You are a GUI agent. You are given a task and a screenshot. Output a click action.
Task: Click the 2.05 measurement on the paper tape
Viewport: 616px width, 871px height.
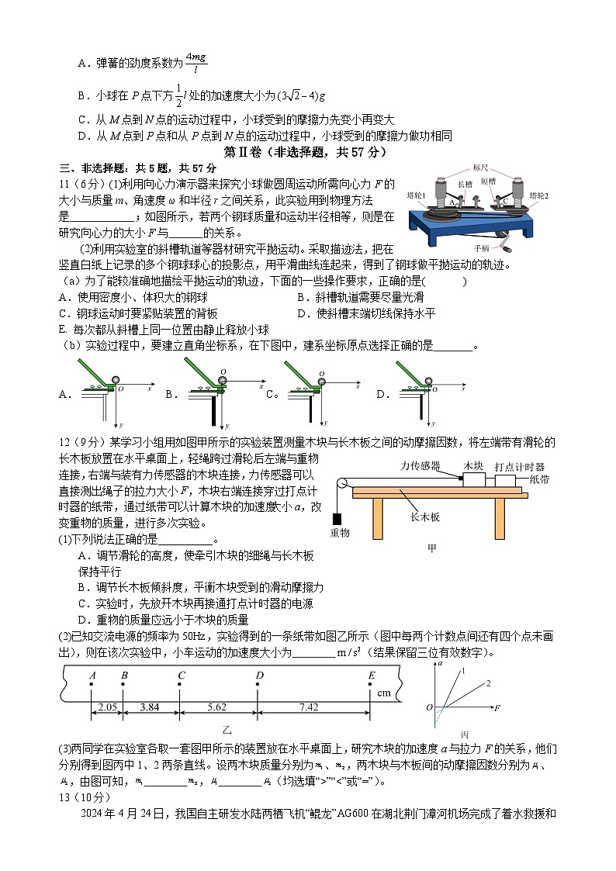(x=107, y=707)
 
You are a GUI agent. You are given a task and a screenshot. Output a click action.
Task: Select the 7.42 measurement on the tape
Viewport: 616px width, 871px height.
(x=314, y=707)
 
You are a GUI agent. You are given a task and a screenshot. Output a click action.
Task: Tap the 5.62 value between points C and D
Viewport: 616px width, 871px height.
(x=219, y=707)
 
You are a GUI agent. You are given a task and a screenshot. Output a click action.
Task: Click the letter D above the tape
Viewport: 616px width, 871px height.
(x=259, y=675)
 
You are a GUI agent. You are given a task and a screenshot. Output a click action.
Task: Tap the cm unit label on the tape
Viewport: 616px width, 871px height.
(x=383, y=693)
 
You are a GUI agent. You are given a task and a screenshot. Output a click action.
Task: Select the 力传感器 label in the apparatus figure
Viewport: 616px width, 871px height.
(x=420, y=466)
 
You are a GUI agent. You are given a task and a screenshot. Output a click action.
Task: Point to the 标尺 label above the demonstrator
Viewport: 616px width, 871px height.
(x=482, y=168)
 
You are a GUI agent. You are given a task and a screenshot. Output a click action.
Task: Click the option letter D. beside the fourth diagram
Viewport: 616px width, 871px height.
(x=382, y=394)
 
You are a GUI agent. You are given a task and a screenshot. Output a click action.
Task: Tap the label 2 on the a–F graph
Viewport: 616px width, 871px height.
(x=489, y=683)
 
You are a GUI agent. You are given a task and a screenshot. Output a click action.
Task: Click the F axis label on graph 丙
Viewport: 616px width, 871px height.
(x=497, y=707)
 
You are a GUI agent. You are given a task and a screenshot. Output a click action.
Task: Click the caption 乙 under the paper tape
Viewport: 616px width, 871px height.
(x=227, y=730)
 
